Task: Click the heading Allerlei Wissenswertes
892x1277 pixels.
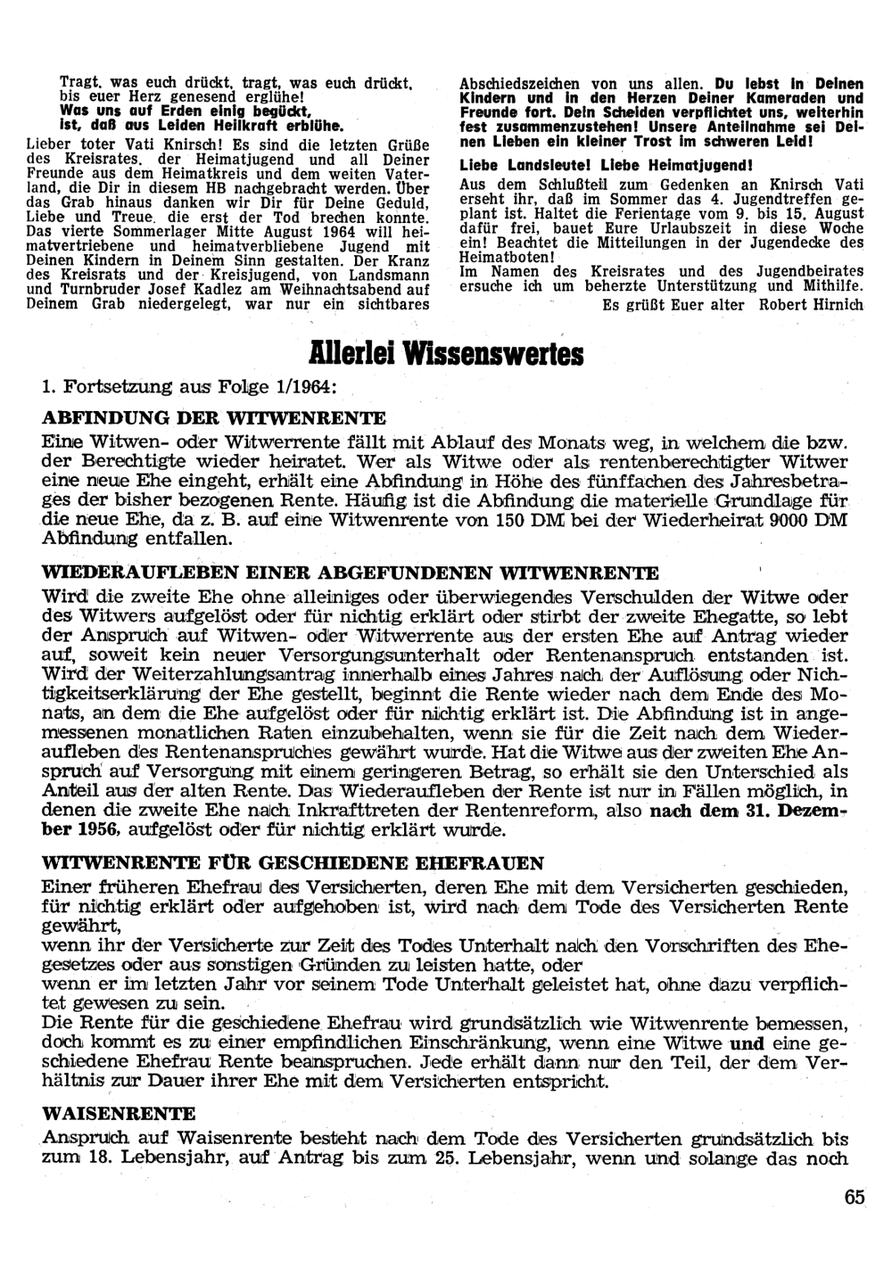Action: [446, 353]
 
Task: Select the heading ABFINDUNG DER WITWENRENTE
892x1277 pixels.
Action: [214, 417]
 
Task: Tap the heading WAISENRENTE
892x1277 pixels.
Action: [119, 1114]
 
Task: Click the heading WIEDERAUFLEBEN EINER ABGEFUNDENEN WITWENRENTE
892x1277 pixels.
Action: [351, 573]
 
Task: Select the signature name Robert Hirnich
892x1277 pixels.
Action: [811, 304]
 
